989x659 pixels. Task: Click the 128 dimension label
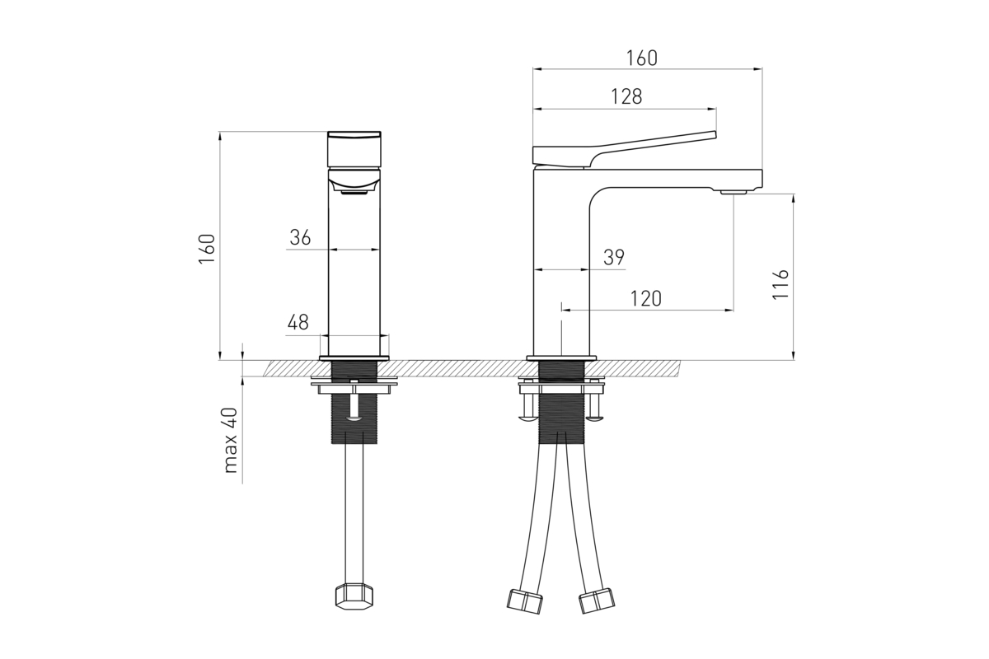pyautogui.click(x=626, y=96)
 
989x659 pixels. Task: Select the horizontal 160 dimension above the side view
pyautogui.click(x=641, y=58)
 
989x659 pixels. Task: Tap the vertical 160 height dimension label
pyautogui.click(x=207, y=249)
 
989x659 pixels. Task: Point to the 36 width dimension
pyautogui.click(x=300, y=237)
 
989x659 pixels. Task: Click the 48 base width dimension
pyautogui.click(x=298, y=322)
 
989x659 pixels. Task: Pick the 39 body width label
pyautogui.click(x=614, y=257)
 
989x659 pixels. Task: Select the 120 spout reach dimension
pyautogui.click(x=645, y=299)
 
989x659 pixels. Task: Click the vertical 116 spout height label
pyautogui.click(x=780, y=284)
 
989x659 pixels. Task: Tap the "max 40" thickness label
pyautogui.click(x=231, y=441)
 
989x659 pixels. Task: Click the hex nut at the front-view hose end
pyautogui.click(x=354, y=596)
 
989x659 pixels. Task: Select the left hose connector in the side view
pyautogui.click(x=524, y=601)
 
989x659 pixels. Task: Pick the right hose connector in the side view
pyautogui.click(x=597, y=601)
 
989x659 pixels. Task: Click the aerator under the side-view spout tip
pyautogui.click(x=734, y=192)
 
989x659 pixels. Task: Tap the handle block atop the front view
pyautogui.click(x=354, y=149)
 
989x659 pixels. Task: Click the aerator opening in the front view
pyautogui.click(x=354, y=193)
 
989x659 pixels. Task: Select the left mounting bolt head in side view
pyautogui.click(x=529, y=417)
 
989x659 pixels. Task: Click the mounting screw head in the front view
pyautogui.click(x=354, y=418)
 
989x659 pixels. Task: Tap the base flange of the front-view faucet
pyautogui.click(x=354, y=358)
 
